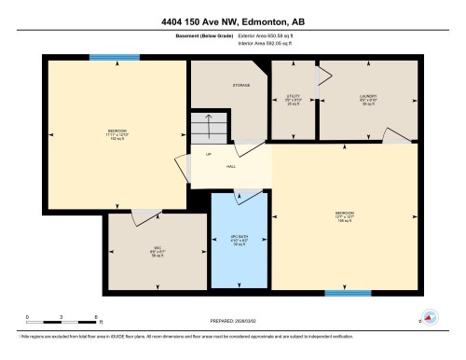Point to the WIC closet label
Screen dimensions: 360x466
click(157, 252)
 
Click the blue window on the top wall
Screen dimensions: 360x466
click(115, 58)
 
